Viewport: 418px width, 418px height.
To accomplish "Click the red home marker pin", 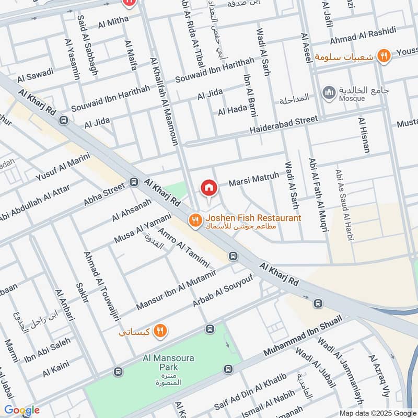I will tap(208, 188).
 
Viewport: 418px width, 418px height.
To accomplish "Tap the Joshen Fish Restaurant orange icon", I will tap(195, 220).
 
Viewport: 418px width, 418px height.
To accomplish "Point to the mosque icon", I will tap(329, 92).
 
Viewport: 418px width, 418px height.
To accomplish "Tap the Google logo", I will tap(22, 410).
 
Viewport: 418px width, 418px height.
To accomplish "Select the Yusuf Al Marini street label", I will tap(63, 166).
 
